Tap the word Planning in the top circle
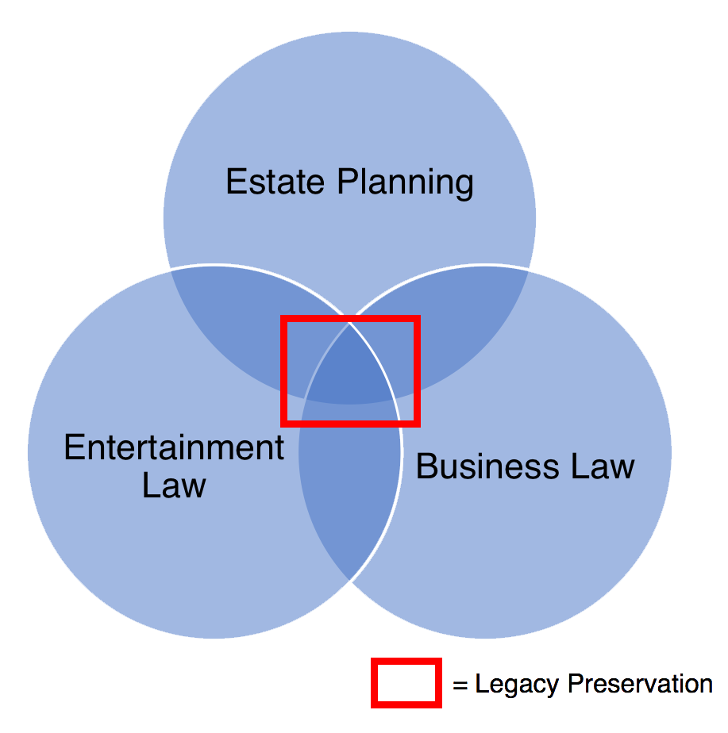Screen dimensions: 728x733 pos(405,183)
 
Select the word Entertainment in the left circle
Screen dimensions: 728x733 pos(174,448)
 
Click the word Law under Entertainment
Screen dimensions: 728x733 pos(174,485)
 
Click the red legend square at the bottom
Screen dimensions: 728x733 pos(406,682)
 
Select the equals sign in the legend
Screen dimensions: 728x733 pos(460,685)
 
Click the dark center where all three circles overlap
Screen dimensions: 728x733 pos(349,369)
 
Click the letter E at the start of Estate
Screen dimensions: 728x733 pos(234,182)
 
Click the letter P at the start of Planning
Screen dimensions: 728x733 pos(345,182)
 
